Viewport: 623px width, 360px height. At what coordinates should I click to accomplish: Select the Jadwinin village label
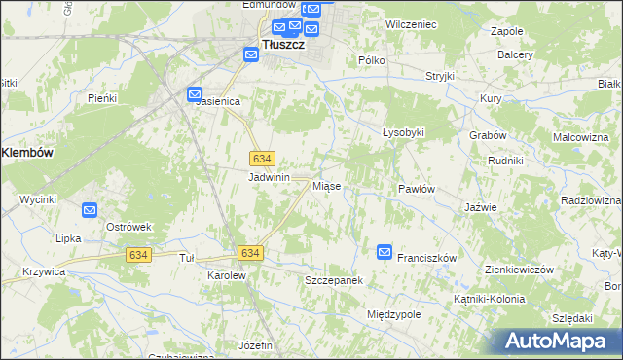point(270,177)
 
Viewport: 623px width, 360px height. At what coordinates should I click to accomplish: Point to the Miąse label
point(325,185)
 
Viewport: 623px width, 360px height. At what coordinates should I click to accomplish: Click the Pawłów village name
point(416,189)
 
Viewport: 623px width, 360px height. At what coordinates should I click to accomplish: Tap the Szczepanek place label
point(334,280)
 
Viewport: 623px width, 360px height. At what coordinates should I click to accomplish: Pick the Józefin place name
point(255,345)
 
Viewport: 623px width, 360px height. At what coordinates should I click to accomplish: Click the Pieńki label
point(102,98)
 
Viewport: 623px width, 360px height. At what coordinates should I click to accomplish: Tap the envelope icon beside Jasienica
point(195,94)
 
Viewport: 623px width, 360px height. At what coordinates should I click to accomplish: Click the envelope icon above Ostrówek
point(90,209)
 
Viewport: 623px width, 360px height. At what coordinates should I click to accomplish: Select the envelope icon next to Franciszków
point(385,252)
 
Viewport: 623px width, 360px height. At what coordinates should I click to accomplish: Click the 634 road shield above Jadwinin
point(261,159)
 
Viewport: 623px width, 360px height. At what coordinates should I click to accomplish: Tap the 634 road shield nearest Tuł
point(138,254)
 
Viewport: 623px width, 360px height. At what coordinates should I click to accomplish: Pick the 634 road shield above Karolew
point(249,253)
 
